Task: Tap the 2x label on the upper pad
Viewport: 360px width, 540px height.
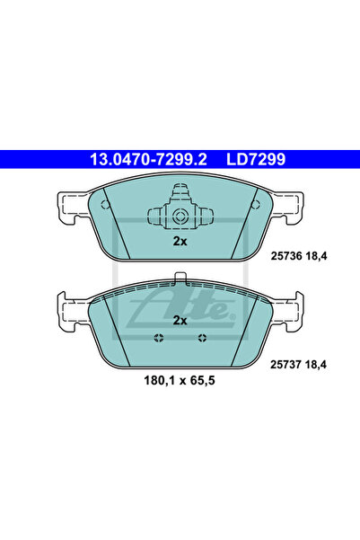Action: point(180,242)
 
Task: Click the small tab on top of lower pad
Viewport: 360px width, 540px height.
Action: point(180,278)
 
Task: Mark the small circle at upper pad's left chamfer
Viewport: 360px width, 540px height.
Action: point(106,204)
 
